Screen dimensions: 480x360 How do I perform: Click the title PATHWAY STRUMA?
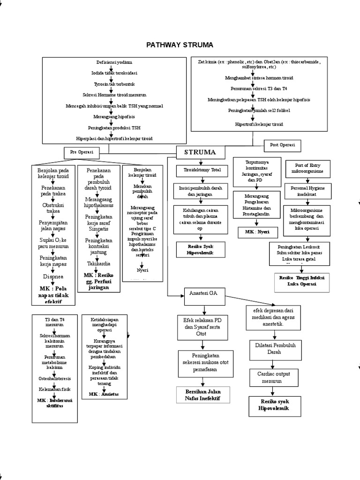180,45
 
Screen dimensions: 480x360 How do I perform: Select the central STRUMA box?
200,152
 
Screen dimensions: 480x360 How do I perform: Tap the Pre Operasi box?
82,152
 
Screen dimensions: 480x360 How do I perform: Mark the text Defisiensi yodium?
112,62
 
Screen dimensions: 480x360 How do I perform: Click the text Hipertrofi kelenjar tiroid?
259,124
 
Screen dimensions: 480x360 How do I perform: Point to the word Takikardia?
95,263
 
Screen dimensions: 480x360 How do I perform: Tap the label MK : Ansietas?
104,395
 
